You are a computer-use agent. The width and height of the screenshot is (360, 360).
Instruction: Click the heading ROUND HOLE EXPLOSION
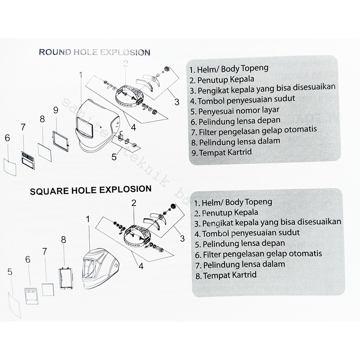[x=94, y=52]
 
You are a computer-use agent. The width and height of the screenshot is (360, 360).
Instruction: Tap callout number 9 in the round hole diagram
[x=55, y=110]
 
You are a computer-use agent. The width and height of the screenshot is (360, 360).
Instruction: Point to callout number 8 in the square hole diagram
[x=63, y=239]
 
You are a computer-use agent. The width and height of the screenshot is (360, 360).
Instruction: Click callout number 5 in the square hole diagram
[x=10, y=273]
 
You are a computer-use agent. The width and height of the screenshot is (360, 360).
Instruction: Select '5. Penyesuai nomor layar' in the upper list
[x=235, y=110]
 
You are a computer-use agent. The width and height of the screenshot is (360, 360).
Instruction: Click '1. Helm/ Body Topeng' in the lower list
[x=233, y=202]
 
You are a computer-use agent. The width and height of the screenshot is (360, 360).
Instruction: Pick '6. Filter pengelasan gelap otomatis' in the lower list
[x=258, y=254]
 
